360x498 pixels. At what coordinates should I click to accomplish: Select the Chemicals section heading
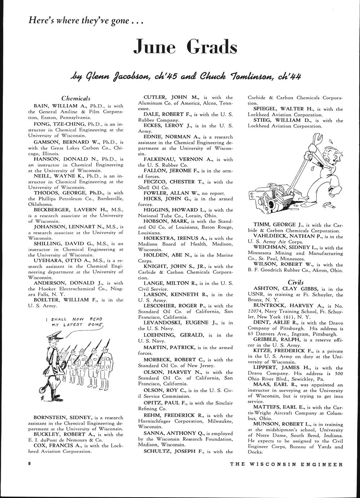coord(76,98)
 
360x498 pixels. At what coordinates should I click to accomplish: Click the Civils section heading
coord(295,282)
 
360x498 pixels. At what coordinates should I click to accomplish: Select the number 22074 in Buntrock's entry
coord(256,311)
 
